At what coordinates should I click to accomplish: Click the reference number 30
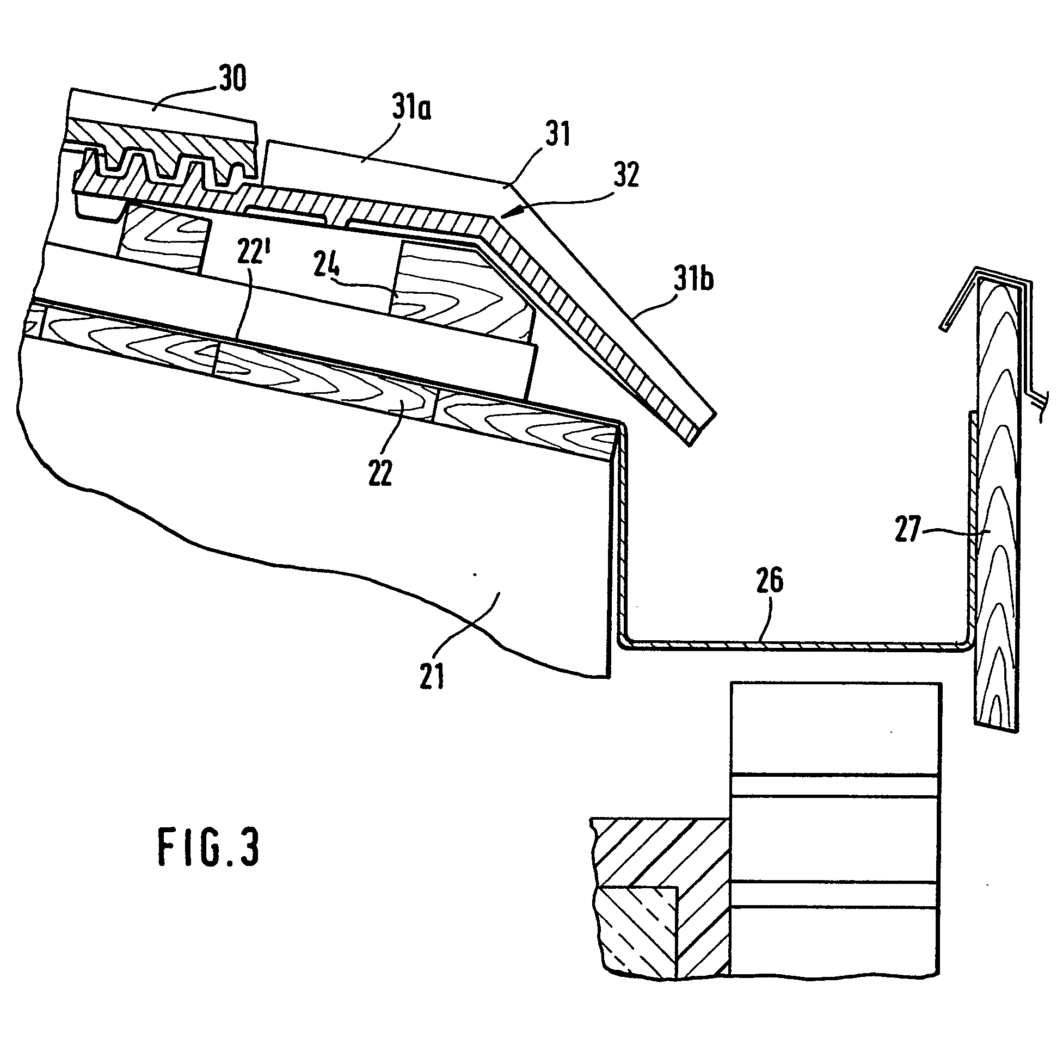coord(232,78)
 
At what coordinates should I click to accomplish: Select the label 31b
coord(693,278)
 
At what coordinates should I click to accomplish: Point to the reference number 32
coord(626,175)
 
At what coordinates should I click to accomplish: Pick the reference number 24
coord(327,265)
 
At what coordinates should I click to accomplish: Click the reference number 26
coord(769,580)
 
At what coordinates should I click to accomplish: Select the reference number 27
coord(907,529)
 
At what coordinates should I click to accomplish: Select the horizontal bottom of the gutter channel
coord(791,646)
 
